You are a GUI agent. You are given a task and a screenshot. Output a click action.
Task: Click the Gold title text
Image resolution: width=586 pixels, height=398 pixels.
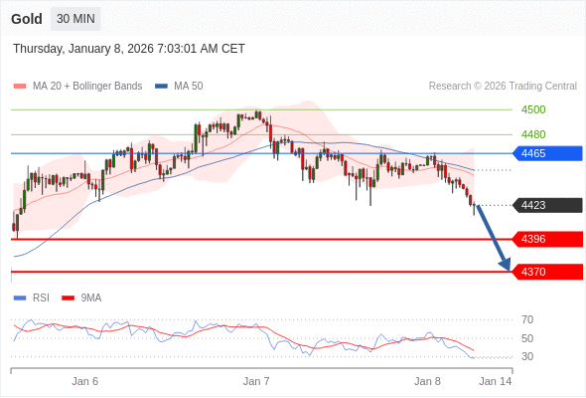[x=27, y=19]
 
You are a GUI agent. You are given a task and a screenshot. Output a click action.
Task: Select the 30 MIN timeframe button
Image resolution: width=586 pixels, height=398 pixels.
[x=75, y=19]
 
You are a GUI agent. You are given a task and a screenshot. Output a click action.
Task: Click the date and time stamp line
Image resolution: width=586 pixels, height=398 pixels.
[x=129, y=49]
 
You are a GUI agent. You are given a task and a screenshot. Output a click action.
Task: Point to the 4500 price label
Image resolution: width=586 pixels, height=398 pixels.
[x=533, y=109]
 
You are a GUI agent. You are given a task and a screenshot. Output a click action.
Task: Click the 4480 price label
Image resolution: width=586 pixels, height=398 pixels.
[x=533, y=134]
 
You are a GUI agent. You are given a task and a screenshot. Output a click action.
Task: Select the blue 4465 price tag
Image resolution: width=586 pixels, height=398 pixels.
[x=546, y=153]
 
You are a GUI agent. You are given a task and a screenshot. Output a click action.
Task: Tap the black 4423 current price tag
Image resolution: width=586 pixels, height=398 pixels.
[x=546, y=206]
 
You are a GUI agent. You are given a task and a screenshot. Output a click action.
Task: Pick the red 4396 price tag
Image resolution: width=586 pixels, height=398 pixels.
[x=546, y=239]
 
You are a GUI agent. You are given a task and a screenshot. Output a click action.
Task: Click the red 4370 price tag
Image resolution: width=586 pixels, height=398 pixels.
[x=546, y=272]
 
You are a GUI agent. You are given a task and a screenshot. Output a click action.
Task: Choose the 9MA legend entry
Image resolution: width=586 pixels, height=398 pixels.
[x=90, y=298]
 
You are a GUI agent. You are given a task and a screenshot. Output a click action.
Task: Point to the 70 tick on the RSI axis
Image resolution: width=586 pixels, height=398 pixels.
[x=527, y=319]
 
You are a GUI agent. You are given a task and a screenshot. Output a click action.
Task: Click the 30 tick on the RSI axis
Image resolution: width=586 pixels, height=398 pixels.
[x=527, y=356]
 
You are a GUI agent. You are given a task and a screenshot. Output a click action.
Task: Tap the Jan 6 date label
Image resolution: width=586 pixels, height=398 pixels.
[x=85, y=381]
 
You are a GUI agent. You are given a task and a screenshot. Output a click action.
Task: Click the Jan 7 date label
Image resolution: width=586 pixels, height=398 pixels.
[x=257, y=381]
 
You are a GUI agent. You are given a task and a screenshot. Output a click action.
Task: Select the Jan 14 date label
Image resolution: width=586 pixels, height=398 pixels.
[x=496, y=381]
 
